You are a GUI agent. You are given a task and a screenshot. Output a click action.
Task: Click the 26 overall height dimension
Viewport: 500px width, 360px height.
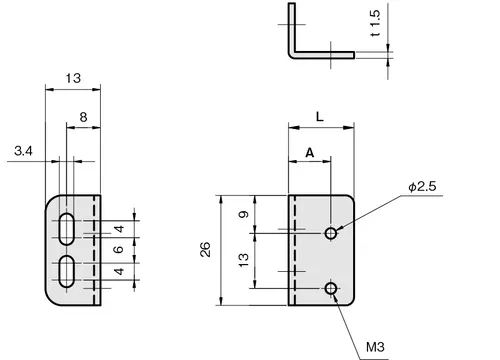click(205, 249)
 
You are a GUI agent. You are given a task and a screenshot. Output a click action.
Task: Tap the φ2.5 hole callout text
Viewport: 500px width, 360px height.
click(422, 187)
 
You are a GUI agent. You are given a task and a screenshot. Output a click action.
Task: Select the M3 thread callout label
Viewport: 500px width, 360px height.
click(375, 347)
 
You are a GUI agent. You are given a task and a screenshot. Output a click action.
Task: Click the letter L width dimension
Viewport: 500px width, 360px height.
click(320, 117)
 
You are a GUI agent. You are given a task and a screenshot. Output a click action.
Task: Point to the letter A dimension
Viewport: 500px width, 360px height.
click(310, 153)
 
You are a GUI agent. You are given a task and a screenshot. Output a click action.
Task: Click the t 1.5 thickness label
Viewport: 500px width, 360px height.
click(375, 23)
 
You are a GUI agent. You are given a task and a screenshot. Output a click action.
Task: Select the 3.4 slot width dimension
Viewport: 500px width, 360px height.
click(23, 151)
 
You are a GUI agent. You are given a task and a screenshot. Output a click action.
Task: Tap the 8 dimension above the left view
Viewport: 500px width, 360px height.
click(83, 117)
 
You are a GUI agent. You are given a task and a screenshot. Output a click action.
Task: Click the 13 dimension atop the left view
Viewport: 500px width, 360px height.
click(73, 78)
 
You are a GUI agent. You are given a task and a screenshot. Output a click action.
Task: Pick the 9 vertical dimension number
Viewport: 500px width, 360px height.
click(244, 214)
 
